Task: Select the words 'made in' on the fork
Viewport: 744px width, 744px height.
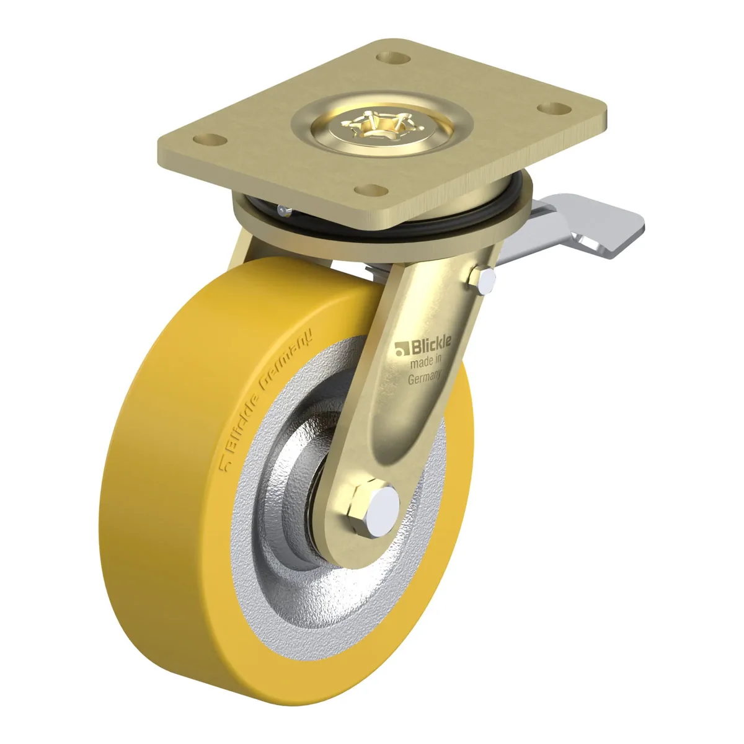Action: [x=425, y=361]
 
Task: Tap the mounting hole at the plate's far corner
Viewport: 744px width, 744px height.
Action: [x=392, y=58]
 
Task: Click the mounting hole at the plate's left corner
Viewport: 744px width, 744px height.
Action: [x=210, y=139]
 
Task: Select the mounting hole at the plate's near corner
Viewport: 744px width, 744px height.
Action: [x=371, y=190]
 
